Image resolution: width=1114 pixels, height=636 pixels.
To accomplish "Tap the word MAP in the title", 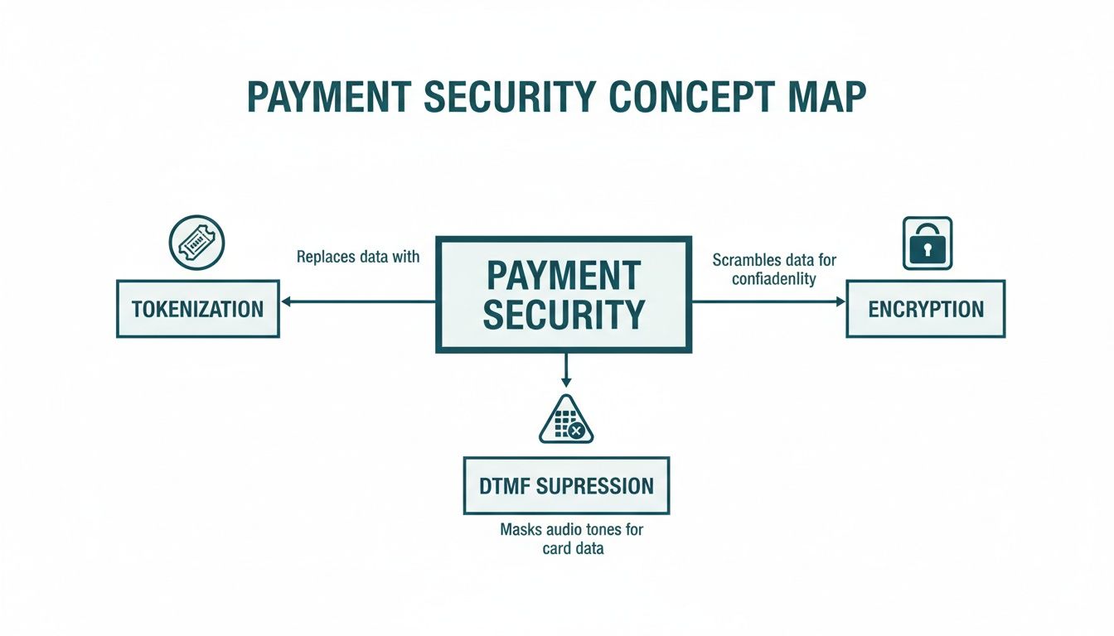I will (825, 98).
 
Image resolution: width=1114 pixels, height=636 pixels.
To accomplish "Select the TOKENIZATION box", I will (197, 309).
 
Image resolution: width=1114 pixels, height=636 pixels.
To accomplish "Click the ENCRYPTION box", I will (925, 309).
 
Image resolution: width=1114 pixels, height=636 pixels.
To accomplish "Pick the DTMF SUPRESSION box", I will (566, 485).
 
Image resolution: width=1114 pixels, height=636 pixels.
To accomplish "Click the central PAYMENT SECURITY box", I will (564, 295).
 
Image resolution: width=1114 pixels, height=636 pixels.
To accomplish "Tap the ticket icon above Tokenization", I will (197, 243).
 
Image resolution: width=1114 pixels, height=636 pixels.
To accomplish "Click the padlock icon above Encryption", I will (927, 243).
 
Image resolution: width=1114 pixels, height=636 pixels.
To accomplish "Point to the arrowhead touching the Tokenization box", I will (287, 302).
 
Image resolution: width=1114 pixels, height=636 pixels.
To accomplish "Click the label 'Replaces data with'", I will (358, 257).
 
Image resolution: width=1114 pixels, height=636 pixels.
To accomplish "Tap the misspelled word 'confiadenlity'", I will (774, 279).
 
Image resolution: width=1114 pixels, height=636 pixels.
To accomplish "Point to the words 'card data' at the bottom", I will (572, 548).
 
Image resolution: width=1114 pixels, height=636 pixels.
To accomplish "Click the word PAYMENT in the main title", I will (328, 98).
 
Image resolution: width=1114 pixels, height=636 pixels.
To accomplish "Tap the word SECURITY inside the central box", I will (564, 315).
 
